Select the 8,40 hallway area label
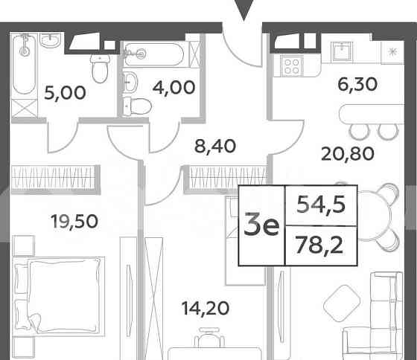coord(214,145)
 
